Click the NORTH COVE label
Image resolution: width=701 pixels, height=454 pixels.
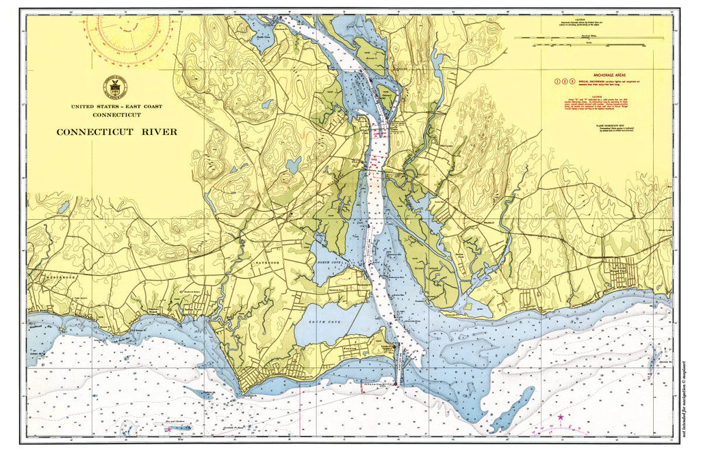pyautogui.click(x=328, y=263)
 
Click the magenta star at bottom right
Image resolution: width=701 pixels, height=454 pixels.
pyautogui.click(x=561, y=417)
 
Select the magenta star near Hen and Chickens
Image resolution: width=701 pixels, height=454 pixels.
pyautogui.click(x=168, y=429)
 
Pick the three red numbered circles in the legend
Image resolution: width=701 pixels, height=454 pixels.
pyautogui.click(x=563, y=81)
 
